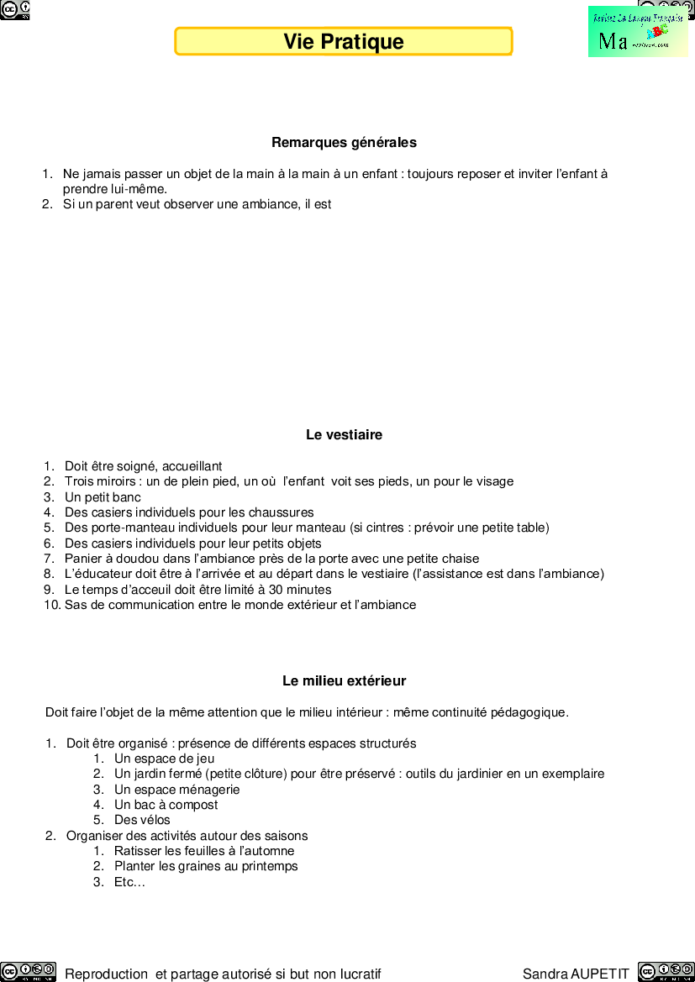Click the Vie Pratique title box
343,41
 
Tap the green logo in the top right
638,32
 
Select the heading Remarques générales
344,143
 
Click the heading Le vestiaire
344,435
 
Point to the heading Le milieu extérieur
344,681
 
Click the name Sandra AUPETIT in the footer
576,974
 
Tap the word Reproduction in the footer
107,974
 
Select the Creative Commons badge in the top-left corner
15,9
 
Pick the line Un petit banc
103,497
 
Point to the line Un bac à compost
166,805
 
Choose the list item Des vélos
142,820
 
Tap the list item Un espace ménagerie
176,790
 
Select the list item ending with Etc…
129,882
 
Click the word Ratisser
140,851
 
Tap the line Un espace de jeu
164,759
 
